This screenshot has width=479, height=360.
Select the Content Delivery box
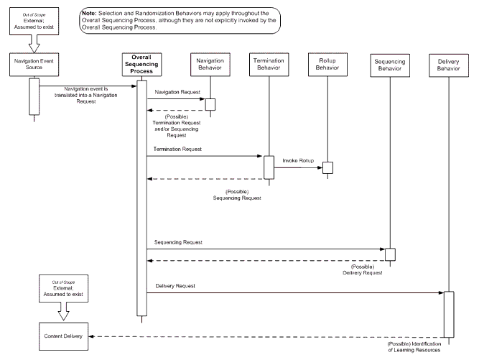tap(62, 336)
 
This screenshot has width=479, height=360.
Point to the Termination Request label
tap(177, 149)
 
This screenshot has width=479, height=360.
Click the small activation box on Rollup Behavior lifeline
tap(327, 167)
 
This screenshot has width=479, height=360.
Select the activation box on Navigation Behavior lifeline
tap(210, 104)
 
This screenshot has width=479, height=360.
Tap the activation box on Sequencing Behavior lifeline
tap(390, 254)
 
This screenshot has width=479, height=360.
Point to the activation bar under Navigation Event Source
tap(32, 96)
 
